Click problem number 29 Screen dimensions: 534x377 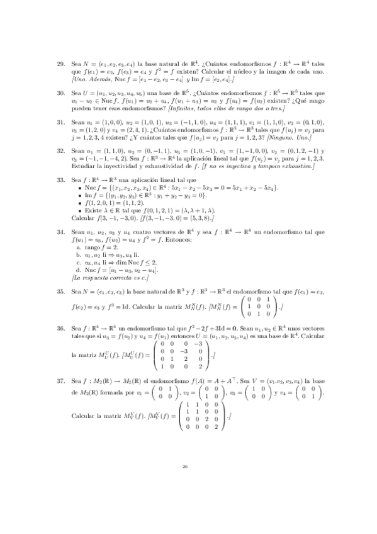coord(60,63)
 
